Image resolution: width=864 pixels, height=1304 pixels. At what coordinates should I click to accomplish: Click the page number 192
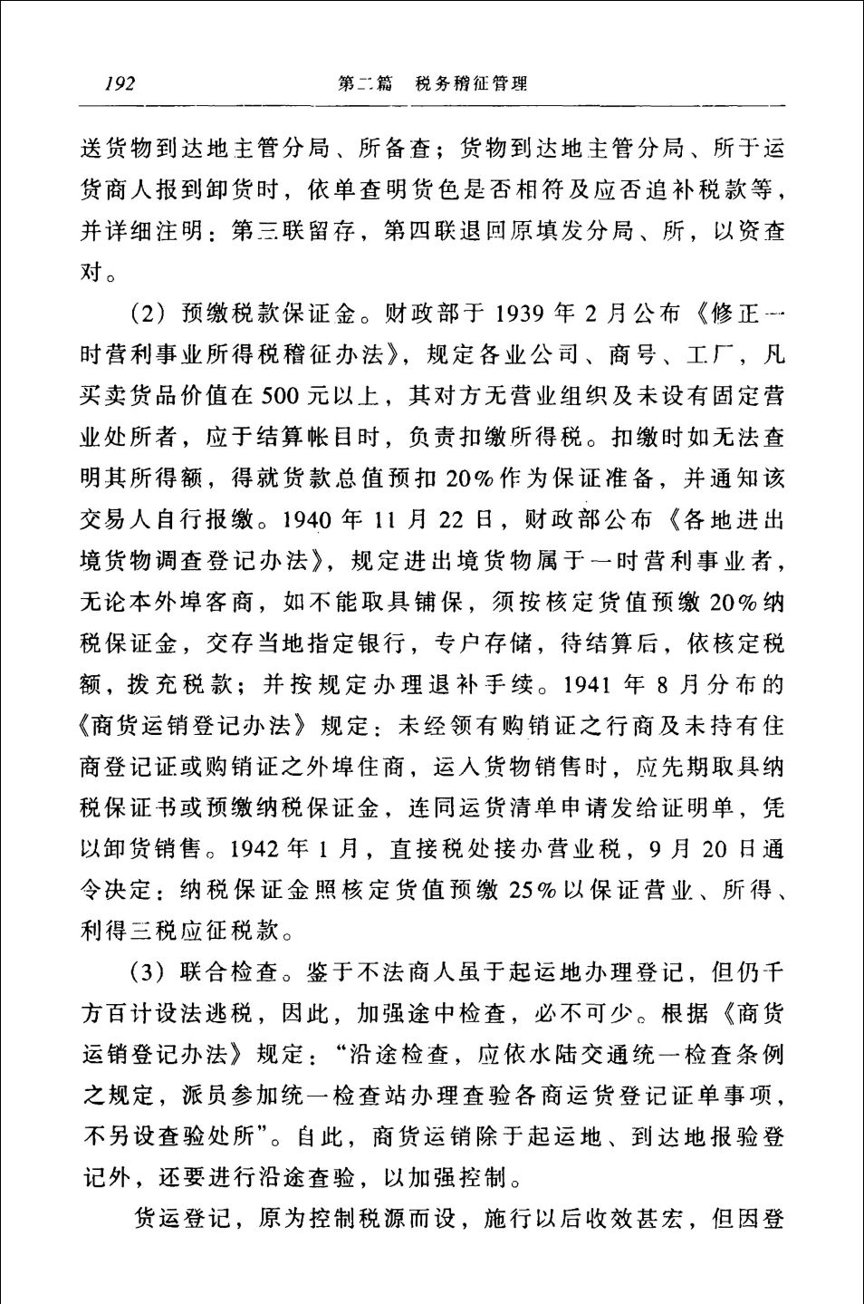coord(120,84)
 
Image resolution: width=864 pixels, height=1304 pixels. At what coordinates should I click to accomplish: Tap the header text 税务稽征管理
coord(471,84)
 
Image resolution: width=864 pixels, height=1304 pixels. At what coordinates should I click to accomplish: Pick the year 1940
coord(311,521)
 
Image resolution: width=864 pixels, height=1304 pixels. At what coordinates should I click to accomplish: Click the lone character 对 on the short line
coord(93,271)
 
